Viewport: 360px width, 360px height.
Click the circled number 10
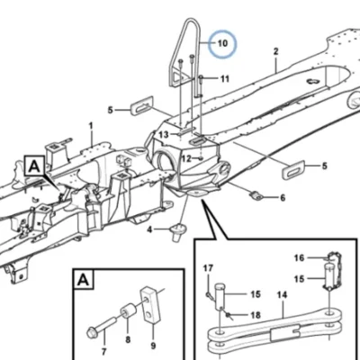pyautogui.click(x=222, y=43)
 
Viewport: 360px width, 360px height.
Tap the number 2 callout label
pyautogui.click(x=275, y=51)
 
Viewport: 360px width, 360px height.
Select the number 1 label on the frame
pyautogui.click(x=91, y=126)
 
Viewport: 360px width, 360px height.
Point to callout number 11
pyautogui.click(x=225, y=79)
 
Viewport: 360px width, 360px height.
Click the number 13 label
pyautogui.click(x=164, y=135)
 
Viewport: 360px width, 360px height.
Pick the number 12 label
pyautogui.click(x=186, y=158)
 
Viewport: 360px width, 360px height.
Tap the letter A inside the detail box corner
pyautogui.click(x=83, y=280)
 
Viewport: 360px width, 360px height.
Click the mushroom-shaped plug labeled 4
pyautogui.click(x=177, y=231)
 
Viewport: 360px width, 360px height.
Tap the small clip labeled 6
pyautogui.click(x=256, y=196)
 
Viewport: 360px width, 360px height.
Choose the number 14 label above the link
pyautogui.click(x=282, y=295)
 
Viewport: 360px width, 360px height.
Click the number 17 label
pyautogui.click(x=208, y=268)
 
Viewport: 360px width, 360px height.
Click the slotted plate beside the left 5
pyautogui.click(x=142, y=105)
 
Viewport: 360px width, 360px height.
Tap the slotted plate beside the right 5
pyautogui.click(x=293, y=170)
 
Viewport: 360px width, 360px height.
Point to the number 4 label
pyautogui.click(x=149, y=230)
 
